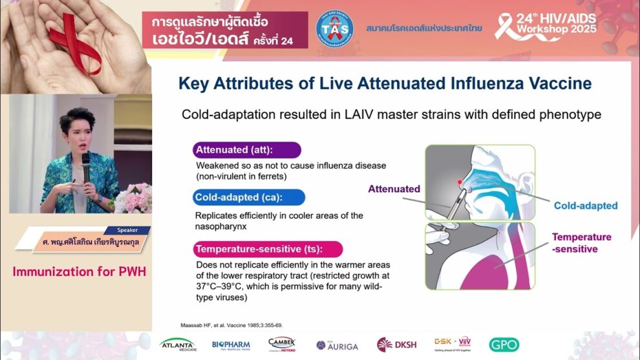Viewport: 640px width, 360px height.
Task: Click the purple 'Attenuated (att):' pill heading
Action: point(247,150)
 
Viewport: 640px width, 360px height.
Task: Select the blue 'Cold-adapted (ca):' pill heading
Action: point(249,197)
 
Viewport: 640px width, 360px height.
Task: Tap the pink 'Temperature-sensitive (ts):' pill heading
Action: point(268,249)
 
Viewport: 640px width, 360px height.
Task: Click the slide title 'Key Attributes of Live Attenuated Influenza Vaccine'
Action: point(385,83)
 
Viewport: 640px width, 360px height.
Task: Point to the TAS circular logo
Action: point(334,29)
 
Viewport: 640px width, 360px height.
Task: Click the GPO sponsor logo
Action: point(504,344)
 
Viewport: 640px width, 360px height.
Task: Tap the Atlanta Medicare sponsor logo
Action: point(177,344)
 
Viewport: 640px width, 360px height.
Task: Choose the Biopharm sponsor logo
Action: point(231,344)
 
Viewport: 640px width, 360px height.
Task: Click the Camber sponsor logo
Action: point(282,344)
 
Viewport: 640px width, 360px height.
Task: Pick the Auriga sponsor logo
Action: point(338,344)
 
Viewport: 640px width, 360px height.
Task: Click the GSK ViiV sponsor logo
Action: point(453,343)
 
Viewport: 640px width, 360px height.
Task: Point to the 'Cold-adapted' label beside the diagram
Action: point(585,206)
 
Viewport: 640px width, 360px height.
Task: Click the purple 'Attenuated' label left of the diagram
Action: point(394,189)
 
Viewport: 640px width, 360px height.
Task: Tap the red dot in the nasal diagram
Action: point(460,182)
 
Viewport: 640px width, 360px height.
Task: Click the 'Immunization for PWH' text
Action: point(79,271)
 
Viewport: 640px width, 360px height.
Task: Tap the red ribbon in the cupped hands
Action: point(78,39)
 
